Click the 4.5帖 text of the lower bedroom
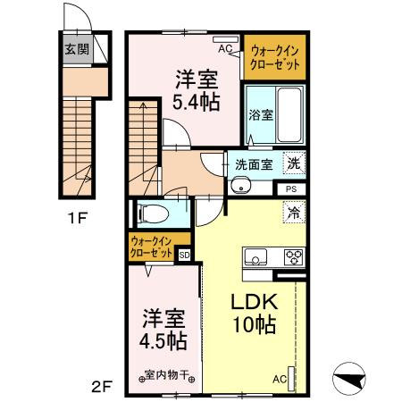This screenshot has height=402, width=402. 163,340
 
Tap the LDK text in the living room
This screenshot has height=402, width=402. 256,302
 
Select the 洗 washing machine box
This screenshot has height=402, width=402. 293,163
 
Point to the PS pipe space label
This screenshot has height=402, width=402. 291,189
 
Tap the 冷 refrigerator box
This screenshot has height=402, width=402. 293,213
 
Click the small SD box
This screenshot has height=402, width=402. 185,255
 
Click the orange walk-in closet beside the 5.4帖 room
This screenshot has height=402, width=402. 275,55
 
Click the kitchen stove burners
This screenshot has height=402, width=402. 292,257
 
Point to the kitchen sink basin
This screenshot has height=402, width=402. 255,259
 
